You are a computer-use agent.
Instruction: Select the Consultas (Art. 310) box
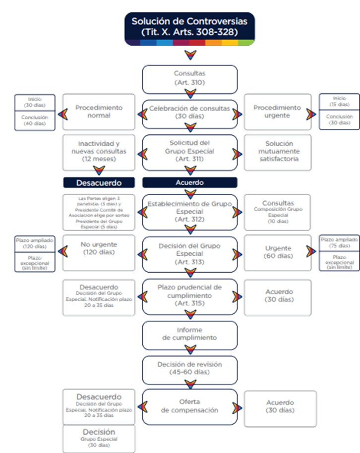(189, 78)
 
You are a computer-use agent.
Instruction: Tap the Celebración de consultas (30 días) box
(189, 112)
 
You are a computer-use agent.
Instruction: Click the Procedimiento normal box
(99, 112)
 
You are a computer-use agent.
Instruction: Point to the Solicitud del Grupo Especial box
(189, 151)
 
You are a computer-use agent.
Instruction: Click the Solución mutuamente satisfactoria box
(278, 152)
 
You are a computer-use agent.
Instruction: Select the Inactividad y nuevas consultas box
(99, 152)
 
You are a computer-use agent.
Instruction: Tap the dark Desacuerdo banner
(99, 182)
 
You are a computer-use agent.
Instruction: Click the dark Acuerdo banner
(189, 182)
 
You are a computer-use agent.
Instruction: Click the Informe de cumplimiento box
(189, 334)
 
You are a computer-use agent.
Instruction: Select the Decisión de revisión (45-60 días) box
(189, 368)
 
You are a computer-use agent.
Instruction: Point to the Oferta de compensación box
(189, 406)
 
